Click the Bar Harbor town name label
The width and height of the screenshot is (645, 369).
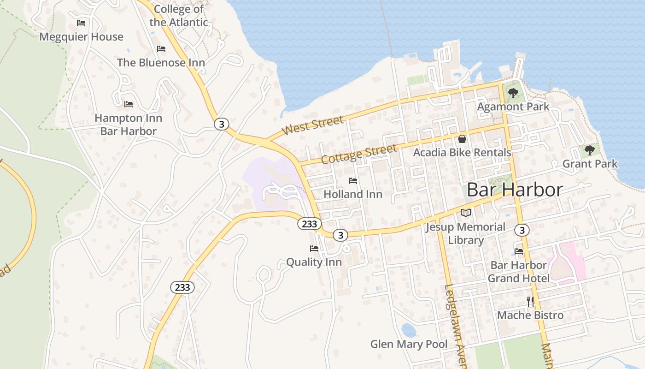[x=515, y=190]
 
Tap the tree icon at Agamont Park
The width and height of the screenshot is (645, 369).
[x=513, y=93]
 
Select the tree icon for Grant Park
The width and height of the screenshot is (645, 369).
[x=589, y=150]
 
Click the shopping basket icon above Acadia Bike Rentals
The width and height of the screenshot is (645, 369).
[x=462, y=138]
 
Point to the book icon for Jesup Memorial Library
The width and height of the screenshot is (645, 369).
[x=466, y=213]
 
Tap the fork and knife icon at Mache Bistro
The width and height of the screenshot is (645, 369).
[x=530, y=301]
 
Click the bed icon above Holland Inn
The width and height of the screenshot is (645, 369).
[x=353, y=180]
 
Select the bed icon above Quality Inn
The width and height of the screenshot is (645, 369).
[x=314, y=248]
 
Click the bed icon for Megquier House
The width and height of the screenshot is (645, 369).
[x=81, y=23]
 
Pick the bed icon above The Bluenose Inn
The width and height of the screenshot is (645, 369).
[x=161, y=48]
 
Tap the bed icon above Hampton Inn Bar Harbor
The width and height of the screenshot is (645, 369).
[x=129, y=104]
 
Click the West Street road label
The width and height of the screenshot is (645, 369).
[x=313, y=125]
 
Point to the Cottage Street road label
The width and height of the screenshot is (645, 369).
[x=359, y=154]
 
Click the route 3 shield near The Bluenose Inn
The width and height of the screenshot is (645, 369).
[x=222, y=124]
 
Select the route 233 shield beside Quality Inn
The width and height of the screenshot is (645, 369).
[x=309, y=224]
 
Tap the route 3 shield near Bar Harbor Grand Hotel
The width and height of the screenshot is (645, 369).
[x=522, y=230]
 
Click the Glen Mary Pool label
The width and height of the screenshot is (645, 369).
[x=409, y=344]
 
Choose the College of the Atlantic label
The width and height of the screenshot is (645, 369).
[x=179, y=15]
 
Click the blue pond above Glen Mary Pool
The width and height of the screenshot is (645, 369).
[x=408, y=330]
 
